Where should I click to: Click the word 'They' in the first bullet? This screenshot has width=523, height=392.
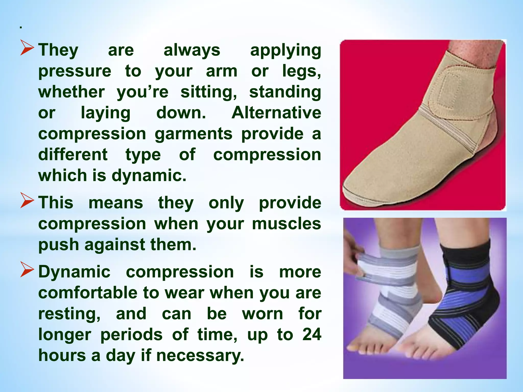point(58,50)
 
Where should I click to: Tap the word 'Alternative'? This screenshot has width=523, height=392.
point(276,113)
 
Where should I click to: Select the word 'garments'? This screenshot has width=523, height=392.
point(194,134)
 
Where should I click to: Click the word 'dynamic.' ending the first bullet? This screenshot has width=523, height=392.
point(149,176)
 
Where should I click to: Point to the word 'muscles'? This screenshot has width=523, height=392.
point(286,224)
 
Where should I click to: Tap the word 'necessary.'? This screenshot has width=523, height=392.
point(200,356)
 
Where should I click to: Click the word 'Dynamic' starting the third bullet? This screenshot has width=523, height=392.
point(74,272)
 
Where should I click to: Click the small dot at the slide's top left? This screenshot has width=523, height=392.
point(21,27)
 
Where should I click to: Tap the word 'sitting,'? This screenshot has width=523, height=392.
point(209,92)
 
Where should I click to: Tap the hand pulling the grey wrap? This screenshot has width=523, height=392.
point(354,255)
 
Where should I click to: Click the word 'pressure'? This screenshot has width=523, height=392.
point(75,71)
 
